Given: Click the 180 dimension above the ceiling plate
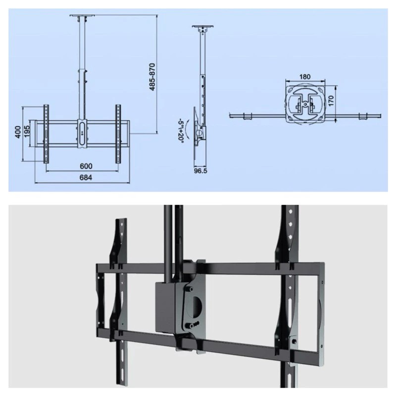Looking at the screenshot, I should [x=305, y=77].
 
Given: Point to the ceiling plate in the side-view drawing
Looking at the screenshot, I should [x=203, y=27].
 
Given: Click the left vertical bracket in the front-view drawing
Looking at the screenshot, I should [x=47, y=134].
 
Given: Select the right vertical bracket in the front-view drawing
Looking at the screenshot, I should [x=119, y=134].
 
